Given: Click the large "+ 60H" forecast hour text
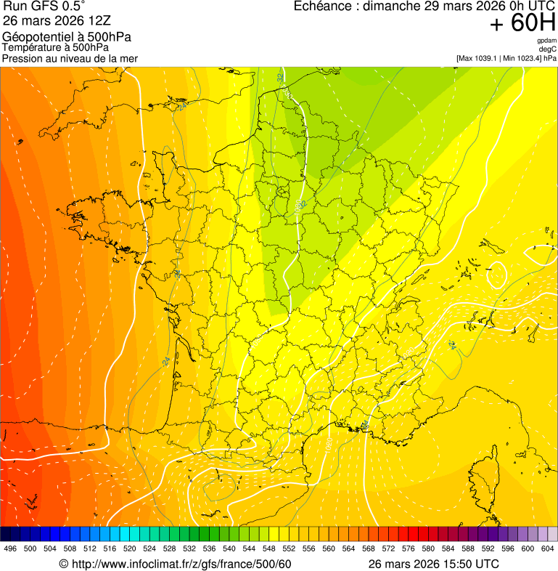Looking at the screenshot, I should point(522,24).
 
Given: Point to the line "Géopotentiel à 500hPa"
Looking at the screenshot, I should point(67,37).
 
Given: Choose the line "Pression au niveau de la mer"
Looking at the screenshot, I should point(70,58).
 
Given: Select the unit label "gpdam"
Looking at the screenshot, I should point(546,41).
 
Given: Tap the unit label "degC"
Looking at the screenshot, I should point(548,49).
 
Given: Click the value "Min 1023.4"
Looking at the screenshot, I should point(522,58).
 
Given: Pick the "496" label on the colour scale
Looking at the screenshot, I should point(10,548).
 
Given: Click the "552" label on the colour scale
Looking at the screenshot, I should point(289,548).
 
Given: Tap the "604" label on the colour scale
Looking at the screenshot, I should point(548,548).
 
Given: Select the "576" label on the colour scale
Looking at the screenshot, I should point(409,548).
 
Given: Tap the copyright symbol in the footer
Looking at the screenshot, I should point(63,564).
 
